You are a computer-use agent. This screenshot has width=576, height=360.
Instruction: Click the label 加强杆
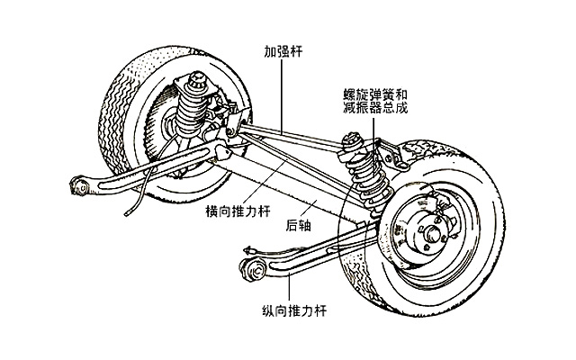[283, 51]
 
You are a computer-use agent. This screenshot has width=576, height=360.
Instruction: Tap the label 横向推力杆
[238, 211]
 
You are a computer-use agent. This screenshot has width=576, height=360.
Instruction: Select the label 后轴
[298, 225]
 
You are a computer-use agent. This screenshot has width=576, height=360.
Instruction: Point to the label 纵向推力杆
[294, 310]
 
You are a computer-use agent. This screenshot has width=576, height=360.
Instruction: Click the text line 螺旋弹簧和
[375, 94]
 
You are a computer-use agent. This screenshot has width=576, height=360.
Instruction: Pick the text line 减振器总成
[375, 108]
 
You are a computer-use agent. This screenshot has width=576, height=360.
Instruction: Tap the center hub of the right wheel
[432, 233]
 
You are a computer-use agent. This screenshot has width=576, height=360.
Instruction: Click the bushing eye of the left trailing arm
[80, 185]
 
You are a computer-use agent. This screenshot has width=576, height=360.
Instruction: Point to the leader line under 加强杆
[282, 96]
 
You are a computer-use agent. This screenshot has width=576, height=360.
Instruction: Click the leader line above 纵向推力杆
[289, 288]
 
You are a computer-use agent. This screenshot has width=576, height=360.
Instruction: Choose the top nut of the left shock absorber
[198, 77]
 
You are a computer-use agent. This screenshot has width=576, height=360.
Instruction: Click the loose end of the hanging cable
[127, 213]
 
